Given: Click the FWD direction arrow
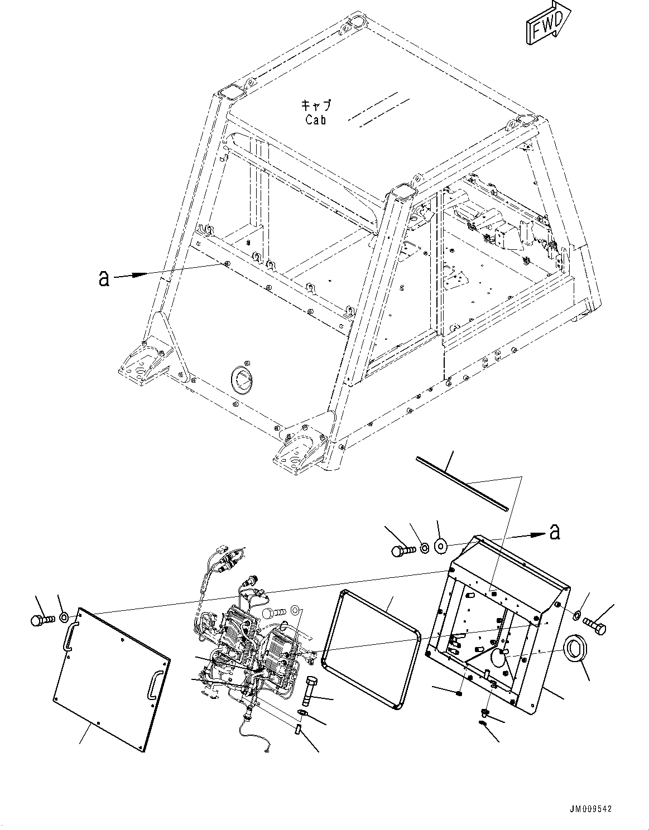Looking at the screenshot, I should pos(547,23).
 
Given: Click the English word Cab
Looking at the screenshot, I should pos(316,120).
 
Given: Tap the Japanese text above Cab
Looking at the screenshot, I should pos(316,105).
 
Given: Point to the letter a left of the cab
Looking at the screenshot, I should pos(104,278).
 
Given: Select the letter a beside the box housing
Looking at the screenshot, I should pos(554,532).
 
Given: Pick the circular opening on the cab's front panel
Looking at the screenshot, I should pos(242,380).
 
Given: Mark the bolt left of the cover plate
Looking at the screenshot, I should pos(41,619).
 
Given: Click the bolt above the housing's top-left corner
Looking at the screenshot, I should pos(402,550).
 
